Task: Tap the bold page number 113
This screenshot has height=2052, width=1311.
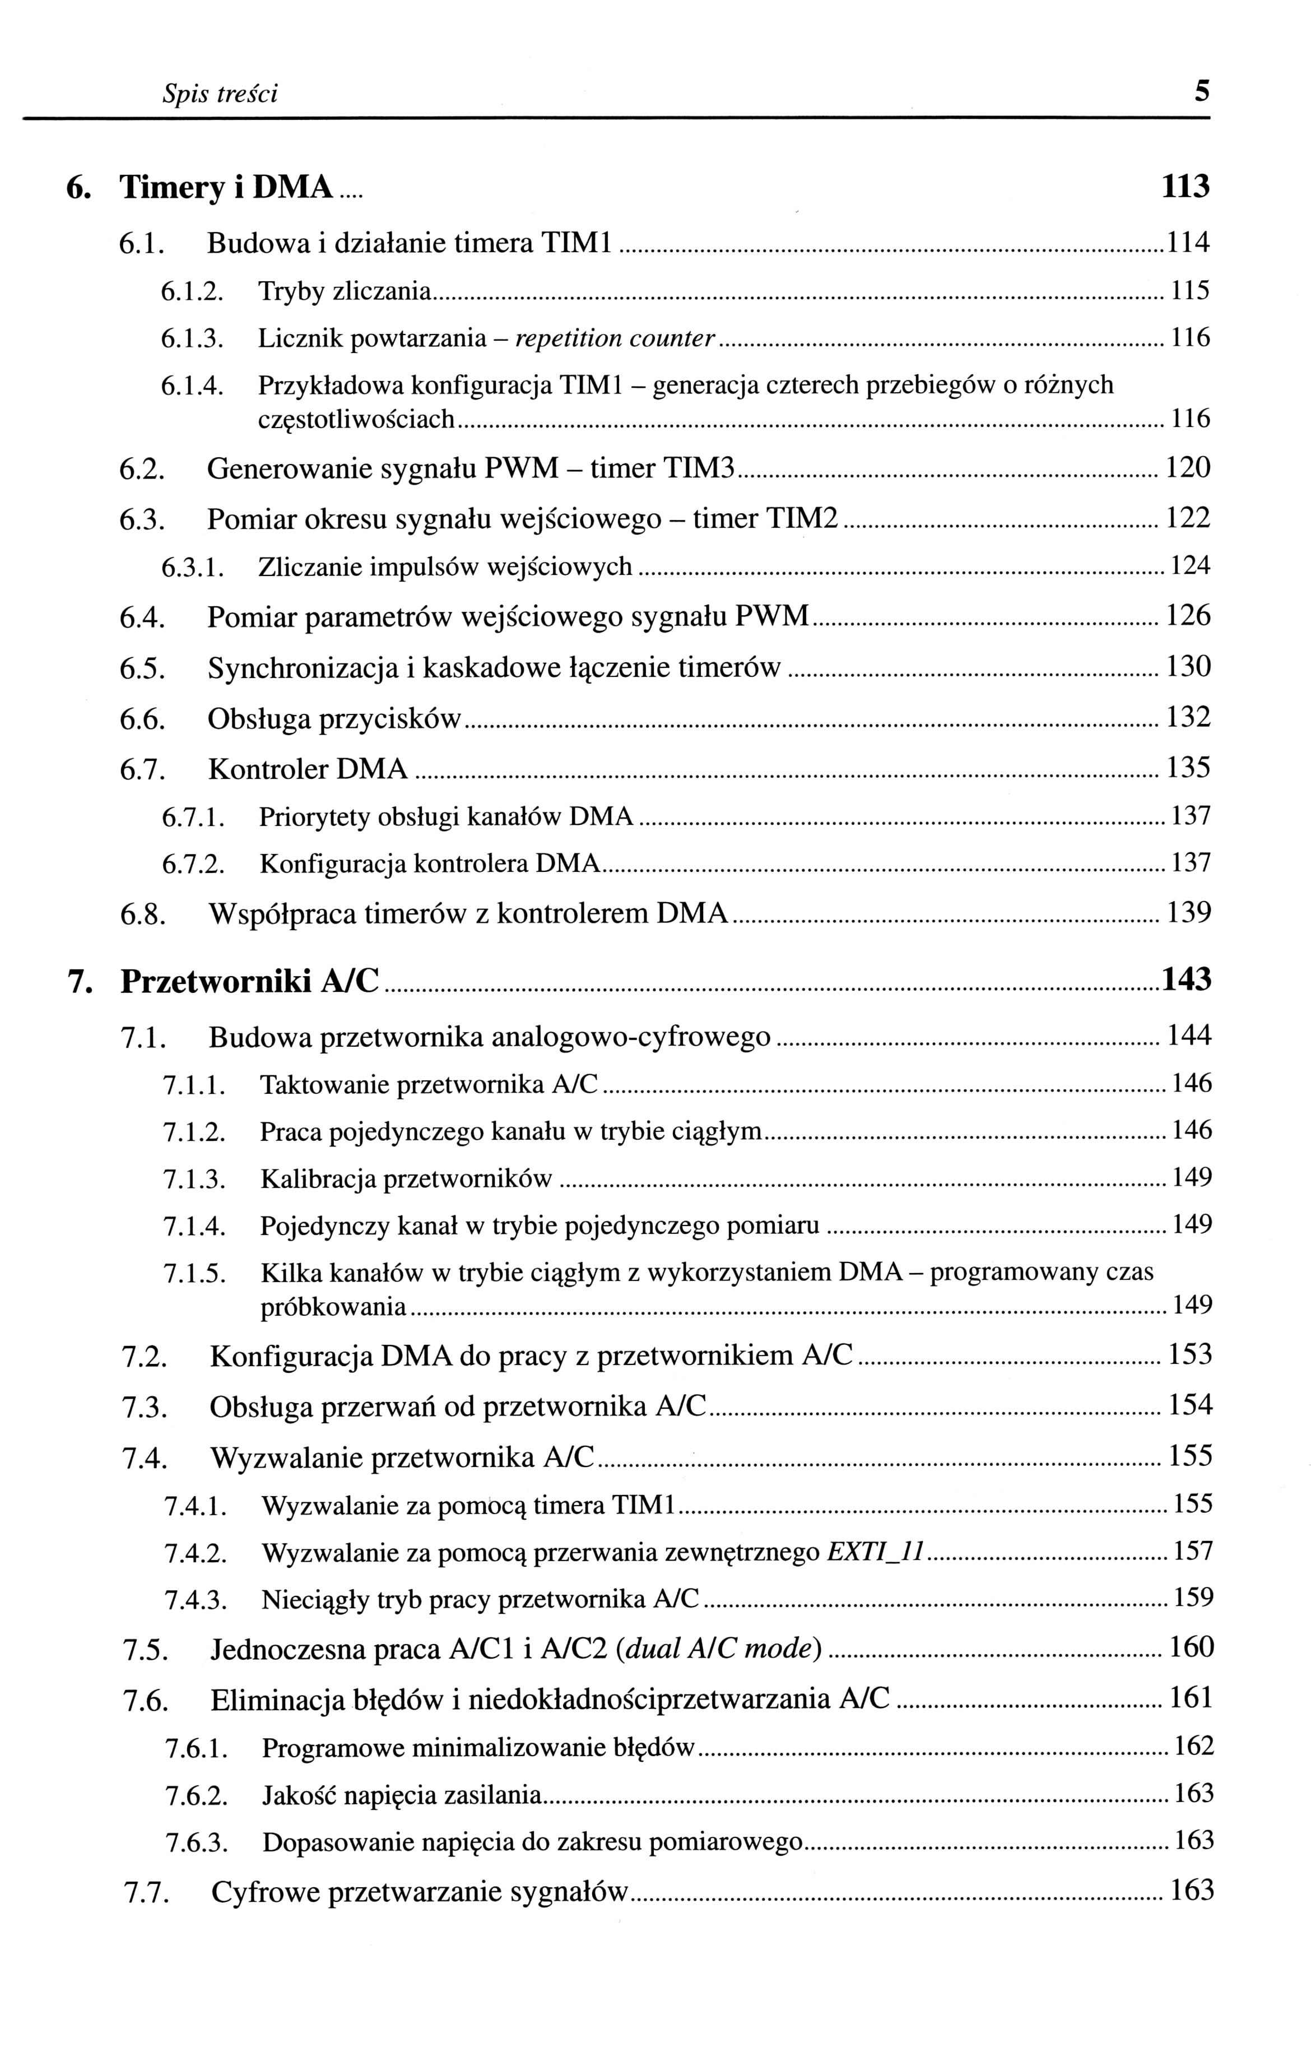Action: (x=1185, y=187)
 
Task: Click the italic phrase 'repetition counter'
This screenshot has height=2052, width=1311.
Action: (x=614, y=339)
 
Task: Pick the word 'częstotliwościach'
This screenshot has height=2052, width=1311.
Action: (x=356, y=419)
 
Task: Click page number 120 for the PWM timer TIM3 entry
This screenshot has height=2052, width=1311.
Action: (x=1188, y=468)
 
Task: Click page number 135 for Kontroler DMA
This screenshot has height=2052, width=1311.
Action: (x=1188, y=769)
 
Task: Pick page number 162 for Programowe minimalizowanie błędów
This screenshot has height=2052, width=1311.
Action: (x=1193, y=1747)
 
